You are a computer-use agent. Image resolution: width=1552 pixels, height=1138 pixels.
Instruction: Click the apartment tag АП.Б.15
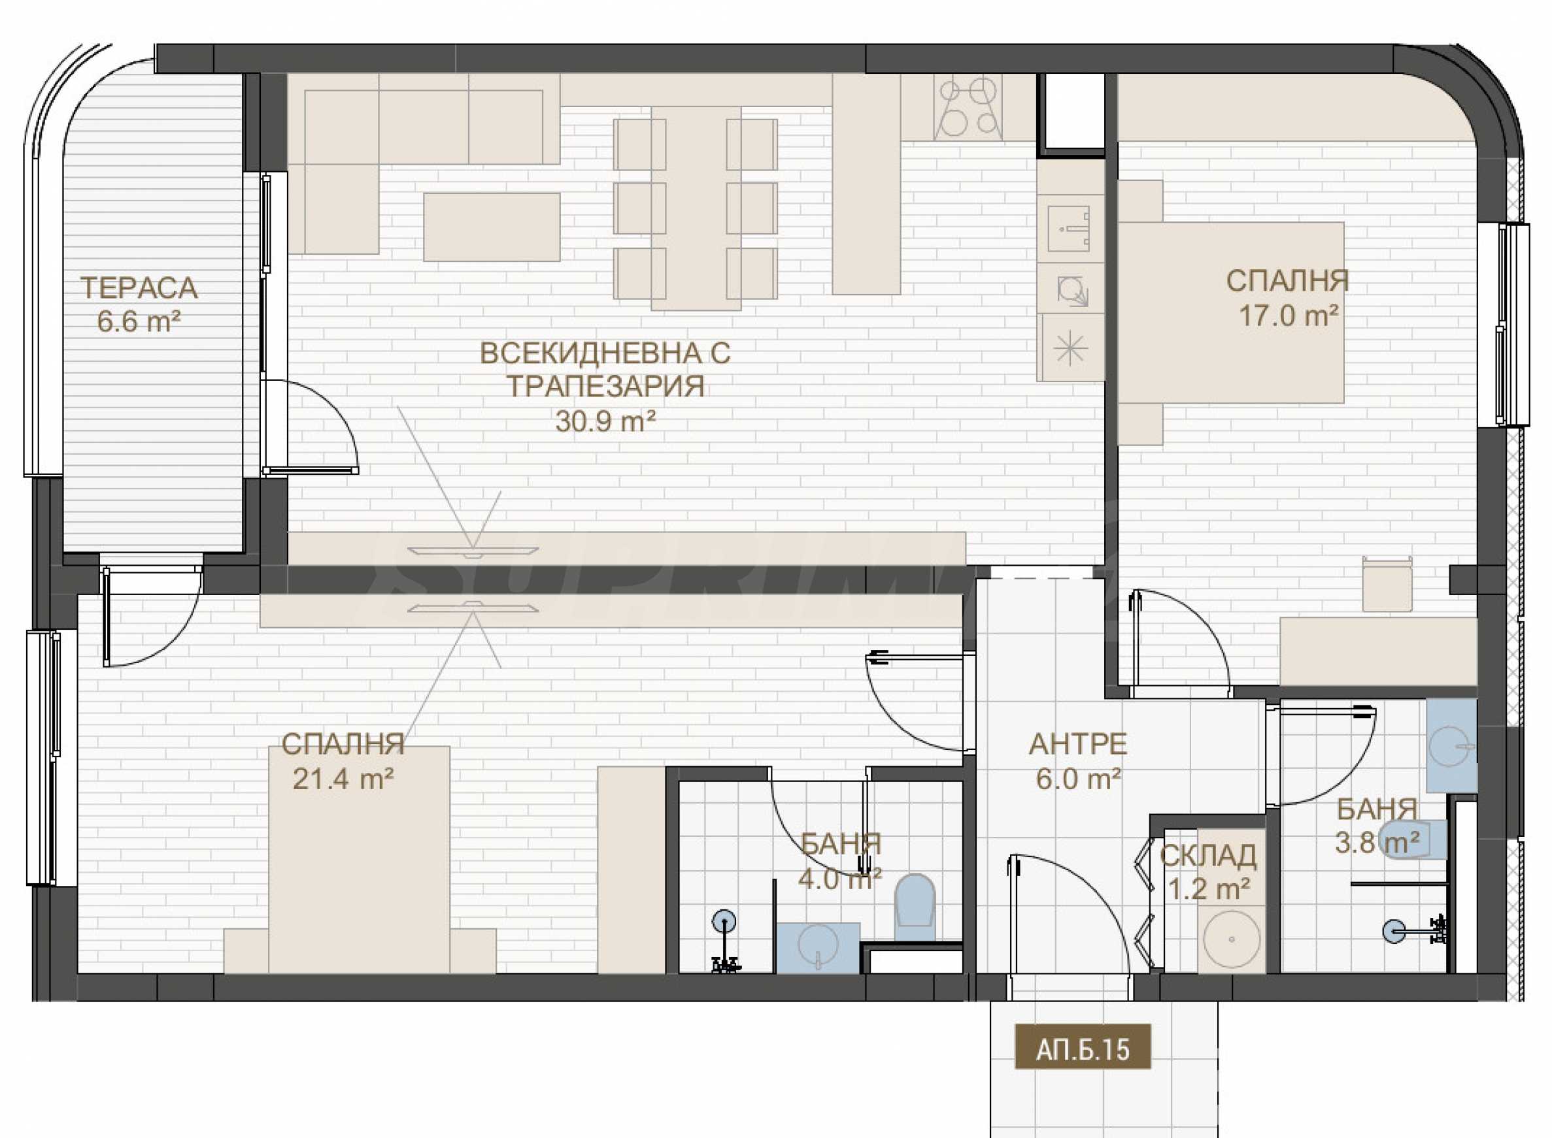[1083, 1049]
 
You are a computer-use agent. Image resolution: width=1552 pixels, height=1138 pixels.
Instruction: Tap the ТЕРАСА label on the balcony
[139, 288]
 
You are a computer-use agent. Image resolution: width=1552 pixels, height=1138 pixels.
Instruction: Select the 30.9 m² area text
[605, 421]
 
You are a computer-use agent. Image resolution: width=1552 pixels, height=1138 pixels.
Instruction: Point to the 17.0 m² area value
[1289, 316]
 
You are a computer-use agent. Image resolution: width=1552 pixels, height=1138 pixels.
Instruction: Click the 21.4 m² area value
[343, 779]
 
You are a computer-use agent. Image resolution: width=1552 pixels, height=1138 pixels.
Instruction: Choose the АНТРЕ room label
[1078, 745]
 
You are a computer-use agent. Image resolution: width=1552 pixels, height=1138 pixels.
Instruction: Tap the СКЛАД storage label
[1207, 856]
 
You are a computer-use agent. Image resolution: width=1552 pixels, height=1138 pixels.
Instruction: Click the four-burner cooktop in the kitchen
[968, 106]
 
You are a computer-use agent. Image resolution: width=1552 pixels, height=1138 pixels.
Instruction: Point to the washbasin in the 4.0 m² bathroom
[818, 947]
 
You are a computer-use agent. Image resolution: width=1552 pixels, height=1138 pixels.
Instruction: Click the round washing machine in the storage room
[1232, 938]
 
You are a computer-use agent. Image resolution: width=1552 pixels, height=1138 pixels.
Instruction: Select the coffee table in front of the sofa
[492, 227]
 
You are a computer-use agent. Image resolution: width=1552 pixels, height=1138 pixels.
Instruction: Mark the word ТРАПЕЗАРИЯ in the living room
[606, 387]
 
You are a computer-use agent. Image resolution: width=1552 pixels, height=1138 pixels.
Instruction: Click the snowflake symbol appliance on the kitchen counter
[1070, 348]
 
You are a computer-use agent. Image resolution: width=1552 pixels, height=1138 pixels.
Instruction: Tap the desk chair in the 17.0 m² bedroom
[1387, 583]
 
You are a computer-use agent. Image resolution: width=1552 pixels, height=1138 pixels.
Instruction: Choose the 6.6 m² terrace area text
[139, 321]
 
